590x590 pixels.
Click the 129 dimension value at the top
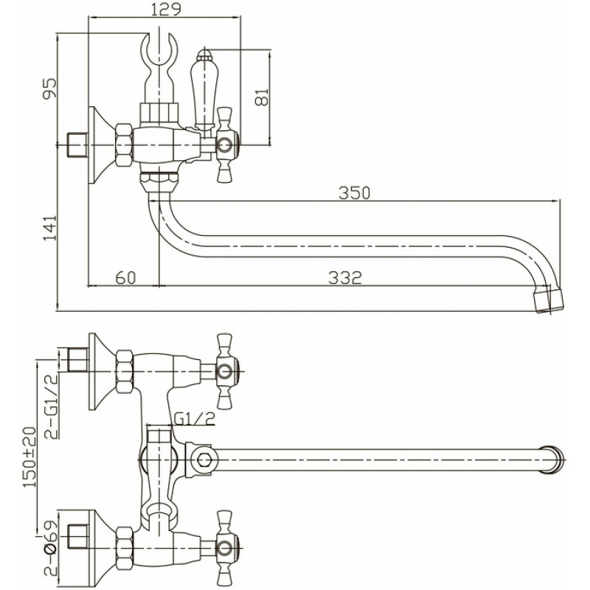[x=166, y=10]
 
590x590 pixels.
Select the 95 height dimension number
[x=50, y=88]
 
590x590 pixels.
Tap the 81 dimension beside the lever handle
[x=262, y=97]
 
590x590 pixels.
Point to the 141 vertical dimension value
[x=49, y=228]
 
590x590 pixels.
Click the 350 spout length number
[x=355, y=193]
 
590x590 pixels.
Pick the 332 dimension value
[x=345, y=278]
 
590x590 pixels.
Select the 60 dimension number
[x=125, y=278]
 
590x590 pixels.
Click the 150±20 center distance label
[x=30, y=457]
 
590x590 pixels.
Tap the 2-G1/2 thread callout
[x=52, y=406]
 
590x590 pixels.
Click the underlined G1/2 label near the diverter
[x=195, y=418]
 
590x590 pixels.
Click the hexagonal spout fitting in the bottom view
[x=204, y=459]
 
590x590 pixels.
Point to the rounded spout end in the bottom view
[x=553, y=459]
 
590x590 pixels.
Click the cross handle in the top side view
[x=226, y=145]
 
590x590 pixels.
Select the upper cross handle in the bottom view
[x=226, y=372]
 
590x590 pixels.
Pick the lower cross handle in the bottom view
[x=226, y=548]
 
